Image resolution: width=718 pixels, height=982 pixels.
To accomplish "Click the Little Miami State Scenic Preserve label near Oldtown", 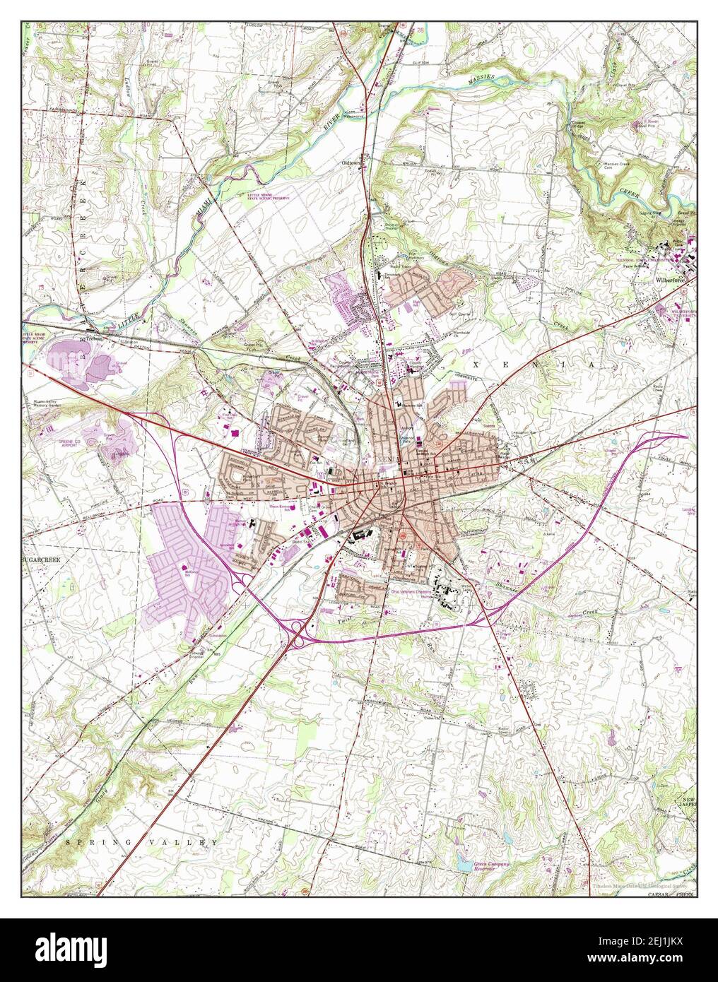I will coord(269,197).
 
